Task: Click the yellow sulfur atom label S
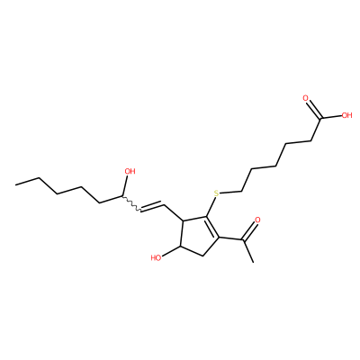[x=216, y=193]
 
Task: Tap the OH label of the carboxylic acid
[x=346, y=115]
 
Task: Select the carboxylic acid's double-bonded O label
[x=305, y=98]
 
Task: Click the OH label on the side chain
[x=130, y=171]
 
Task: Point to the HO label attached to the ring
[x=156, y=257]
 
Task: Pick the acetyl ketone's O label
[x=257, y=220]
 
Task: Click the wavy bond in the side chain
[x=131, y=203]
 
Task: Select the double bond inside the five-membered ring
[x=212, y=227]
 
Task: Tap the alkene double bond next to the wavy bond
[x=152, y=207]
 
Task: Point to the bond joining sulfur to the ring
[x=211, y=207]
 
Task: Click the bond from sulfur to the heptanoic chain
[x=231, y=192]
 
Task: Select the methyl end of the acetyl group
[x=254, y=263]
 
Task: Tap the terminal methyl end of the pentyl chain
[x=15, y=184]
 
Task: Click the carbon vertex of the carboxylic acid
[x=320, y=118]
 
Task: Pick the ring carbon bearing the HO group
[x=180, y=247]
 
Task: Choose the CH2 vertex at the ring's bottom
[x=203, y=256]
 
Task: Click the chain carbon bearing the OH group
[x=122, y=196]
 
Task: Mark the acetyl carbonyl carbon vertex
[x=242, y=240]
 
